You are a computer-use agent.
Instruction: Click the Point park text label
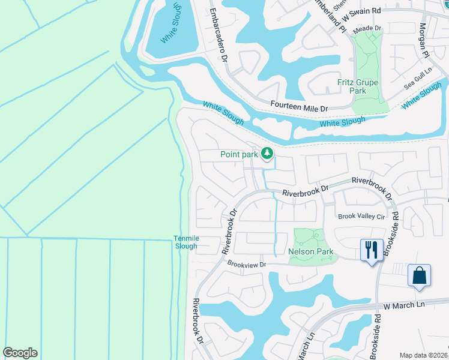(238, 154)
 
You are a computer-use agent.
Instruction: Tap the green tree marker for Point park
(267, 154)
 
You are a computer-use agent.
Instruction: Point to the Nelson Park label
(310, 251)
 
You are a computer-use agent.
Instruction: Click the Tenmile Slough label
(185, 242)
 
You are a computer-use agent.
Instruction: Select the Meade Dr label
(368, 28)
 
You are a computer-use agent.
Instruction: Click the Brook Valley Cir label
(361, 217)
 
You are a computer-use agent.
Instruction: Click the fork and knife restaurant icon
(371, 249)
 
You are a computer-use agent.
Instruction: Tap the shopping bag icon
(419, 275)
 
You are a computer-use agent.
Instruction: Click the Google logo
(20, 353)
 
